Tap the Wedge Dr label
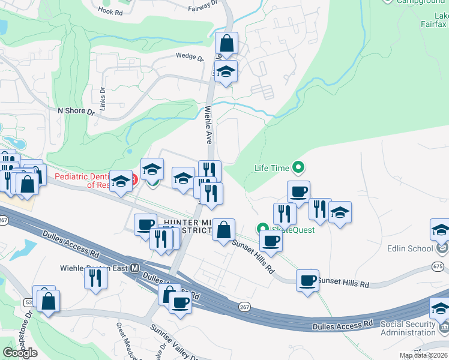pos(190,56)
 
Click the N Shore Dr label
pos(76,111)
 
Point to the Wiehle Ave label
pos(208,122)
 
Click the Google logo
pos(20,353)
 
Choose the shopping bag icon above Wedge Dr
pos(226,43)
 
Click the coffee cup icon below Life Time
pos(298,192)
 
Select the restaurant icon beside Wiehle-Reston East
pos(96,278)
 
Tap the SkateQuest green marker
pos(262,229)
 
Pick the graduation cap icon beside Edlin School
pos(441,230)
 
